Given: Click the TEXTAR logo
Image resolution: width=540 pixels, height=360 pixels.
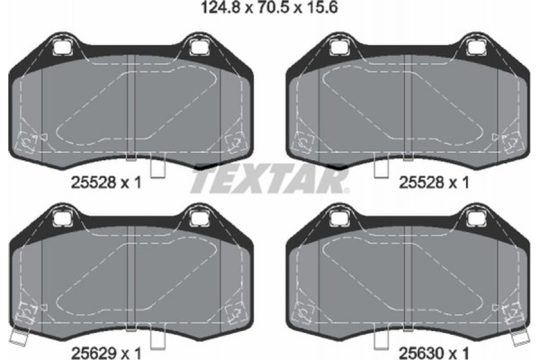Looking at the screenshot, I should (x=269, y=181).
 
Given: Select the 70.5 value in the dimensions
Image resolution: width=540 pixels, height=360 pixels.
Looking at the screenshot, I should (x=271, y=12).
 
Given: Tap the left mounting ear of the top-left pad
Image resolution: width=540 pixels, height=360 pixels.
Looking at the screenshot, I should (x=62, y=45).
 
